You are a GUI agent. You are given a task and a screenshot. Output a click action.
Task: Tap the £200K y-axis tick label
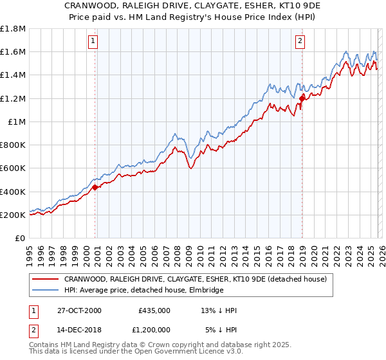[x=13, y=215]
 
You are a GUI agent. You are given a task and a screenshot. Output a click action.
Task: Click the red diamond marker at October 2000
[x=95, y=187]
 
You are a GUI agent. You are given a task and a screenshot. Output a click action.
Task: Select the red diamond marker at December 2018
[x=302, y=98]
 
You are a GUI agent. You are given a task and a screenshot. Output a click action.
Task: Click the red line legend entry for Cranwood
[x=196, y=279]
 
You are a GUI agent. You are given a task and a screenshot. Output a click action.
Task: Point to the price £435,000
[x=154, y=310]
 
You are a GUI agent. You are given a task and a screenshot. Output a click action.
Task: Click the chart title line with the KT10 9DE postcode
[x=193, y=5]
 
